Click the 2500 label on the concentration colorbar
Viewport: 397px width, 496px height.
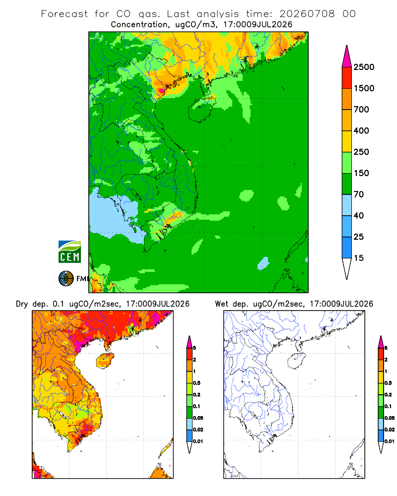(364, 67)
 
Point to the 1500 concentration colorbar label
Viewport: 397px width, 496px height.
(364, 88)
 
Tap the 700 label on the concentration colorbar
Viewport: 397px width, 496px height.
(361, 110)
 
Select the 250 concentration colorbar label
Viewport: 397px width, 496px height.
(361, 152)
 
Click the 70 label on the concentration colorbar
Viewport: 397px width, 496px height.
(359, 194)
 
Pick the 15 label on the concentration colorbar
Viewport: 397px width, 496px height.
(359, 258)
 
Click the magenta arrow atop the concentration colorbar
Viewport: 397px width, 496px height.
(347, 57)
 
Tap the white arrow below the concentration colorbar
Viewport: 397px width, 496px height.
(347, 269)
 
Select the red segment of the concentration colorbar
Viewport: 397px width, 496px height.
(347, 78)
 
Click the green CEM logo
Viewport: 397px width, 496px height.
(69, 252)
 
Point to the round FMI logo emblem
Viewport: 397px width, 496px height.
(66, 279)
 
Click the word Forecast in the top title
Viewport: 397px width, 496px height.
(65, 14)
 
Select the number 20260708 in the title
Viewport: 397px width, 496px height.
(307, 14)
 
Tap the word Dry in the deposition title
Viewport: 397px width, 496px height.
(22, 304)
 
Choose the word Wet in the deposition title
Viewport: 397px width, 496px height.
(221, 304)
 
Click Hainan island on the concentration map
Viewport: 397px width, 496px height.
(201, 109)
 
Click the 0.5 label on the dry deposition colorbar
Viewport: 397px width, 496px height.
(197, 383)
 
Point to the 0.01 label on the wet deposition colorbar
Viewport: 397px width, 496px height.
(390, 441)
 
